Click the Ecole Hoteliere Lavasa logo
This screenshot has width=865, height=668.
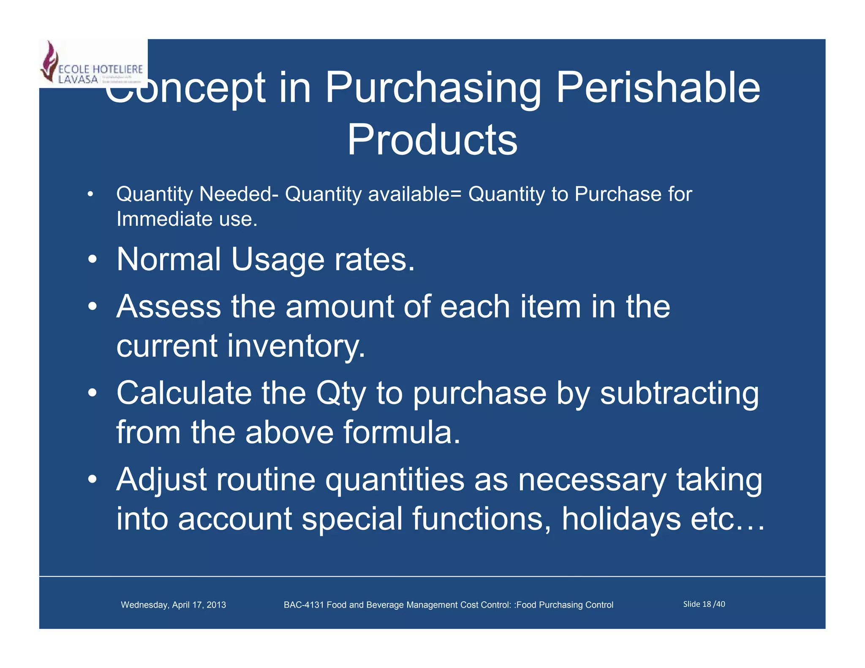(93, 63)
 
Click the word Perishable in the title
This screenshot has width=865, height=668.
(658, 87)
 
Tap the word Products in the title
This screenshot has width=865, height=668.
(432, 140)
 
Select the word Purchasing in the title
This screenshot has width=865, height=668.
(433, 87)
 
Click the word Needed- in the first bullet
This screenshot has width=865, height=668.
(239, 194)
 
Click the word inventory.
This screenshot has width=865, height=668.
(296, 345)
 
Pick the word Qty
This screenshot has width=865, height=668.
(340, 394)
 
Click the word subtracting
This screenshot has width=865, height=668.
(679, 394)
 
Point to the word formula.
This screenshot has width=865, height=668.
(401, 432)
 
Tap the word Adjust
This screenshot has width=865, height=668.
(161, 480)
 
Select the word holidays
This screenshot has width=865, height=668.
(621, 519)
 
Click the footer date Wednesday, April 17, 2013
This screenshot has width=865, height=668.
(173, 605)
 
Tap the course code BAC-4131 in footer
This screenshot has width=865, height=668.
(304, 605)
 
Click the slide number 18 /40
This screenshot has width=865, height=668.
(704, 604)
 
